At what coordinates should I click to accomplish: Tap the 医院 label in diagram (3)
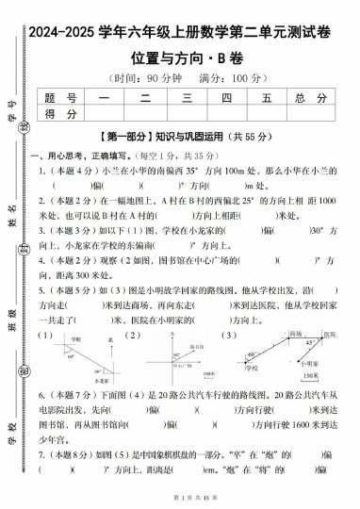coord(328,335)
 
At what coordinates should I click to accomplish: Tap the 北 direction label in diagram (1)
coord(111,338)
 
